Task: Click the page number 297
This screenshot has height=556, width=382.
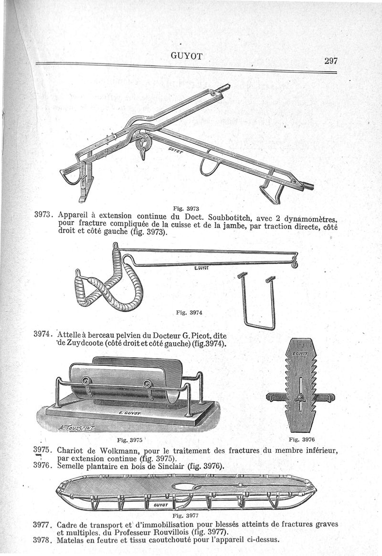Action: pos(330,61)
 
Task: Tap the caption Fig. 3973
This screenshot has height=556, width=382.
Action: pos(186,208)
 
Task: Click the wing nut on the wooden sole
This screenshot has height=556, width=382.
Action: pos(301,396)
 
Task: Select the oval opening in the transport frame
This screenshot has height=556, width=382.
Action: pos(188,487)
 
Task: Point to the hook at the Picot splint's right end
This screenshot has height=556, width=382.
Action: pos(295,261)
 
